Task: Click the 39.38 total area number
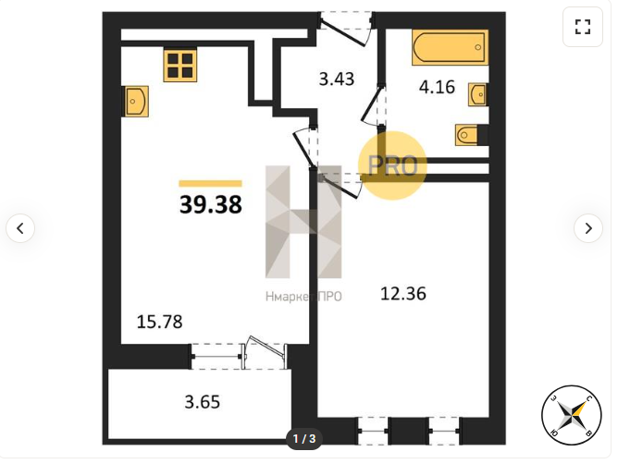tap(210, 205)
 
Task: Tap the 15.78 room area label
tap(160, 322)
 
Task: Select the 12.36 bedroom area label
tap(403, 294)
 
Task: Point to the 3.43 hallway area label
tap(337, 79)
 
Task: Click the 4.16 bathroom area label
tap(437, 87)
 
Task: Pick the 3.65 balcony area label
tap(203, 402)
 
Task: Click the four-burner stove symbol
tap(180, 65)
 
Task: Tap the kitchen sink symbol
tap(137, 102)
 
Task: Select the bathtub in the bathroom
tap(451, 47)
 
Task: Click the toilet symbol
tap(468, 135)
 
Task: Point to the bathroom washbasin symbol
tap(478, 94)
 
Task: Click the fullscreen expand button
tap(583, 27)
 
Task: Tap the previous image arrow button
tap(20, 228)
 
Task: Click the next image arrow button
tap(588, 228)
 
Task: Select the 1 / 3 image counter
tap(304, 438)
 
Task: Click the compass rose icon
tap(572, 415)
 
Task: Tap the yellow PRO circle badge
tap(392, 165)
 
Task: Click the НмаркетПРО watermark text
tap(303, 296)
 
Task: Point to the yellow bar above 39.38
tap(210, 183)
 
